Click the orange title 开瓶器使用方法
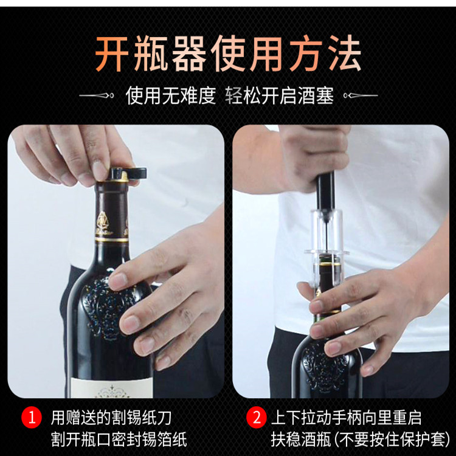228,54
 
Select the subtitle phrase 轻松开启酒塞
280,96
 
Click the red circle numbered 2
256,418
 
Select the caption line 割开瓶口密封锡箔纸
119,440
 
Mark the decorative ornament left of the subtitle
97,96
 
